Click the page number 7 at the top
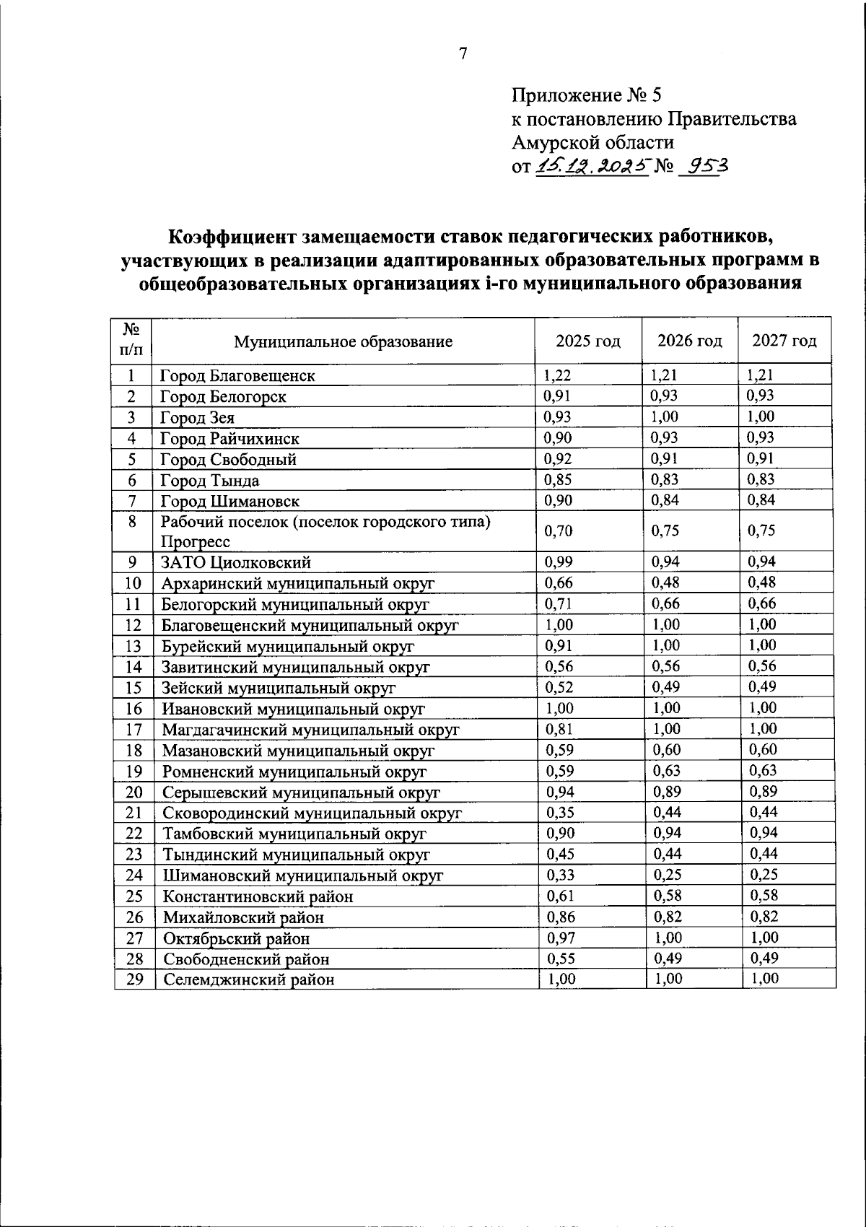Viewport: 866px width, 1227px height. (463, 53)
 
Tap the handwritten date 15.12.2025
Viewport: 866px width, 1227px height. (591, 167)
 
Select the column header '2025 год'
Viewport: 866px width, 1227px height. (588, 341)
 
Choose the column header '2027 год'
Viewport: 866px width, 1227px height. (784, 341)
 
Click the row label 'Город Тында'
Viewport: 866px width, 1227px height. (210, 481)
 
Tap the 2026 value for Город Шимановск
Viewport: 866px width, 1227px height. (665, 500)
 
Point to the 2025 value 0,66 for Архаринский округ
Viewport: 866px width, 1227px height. (559, 582)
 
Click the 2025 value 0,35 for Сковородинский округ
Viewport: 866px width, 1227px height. (560, 812)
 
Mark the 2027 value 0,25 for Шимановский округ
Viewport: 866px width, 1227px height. (764, 875)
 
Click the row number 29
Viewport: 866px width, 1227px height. (134, 979)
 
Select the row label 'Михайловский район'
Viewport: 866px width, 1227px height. (243, 917)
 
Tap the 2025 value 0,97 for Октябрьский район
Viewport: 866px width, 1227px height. (560, 938)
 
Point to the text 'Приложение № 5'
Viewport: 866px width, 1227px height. (586, 95)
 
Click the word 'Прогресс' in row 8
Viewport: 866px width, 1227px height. (196, 541)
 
